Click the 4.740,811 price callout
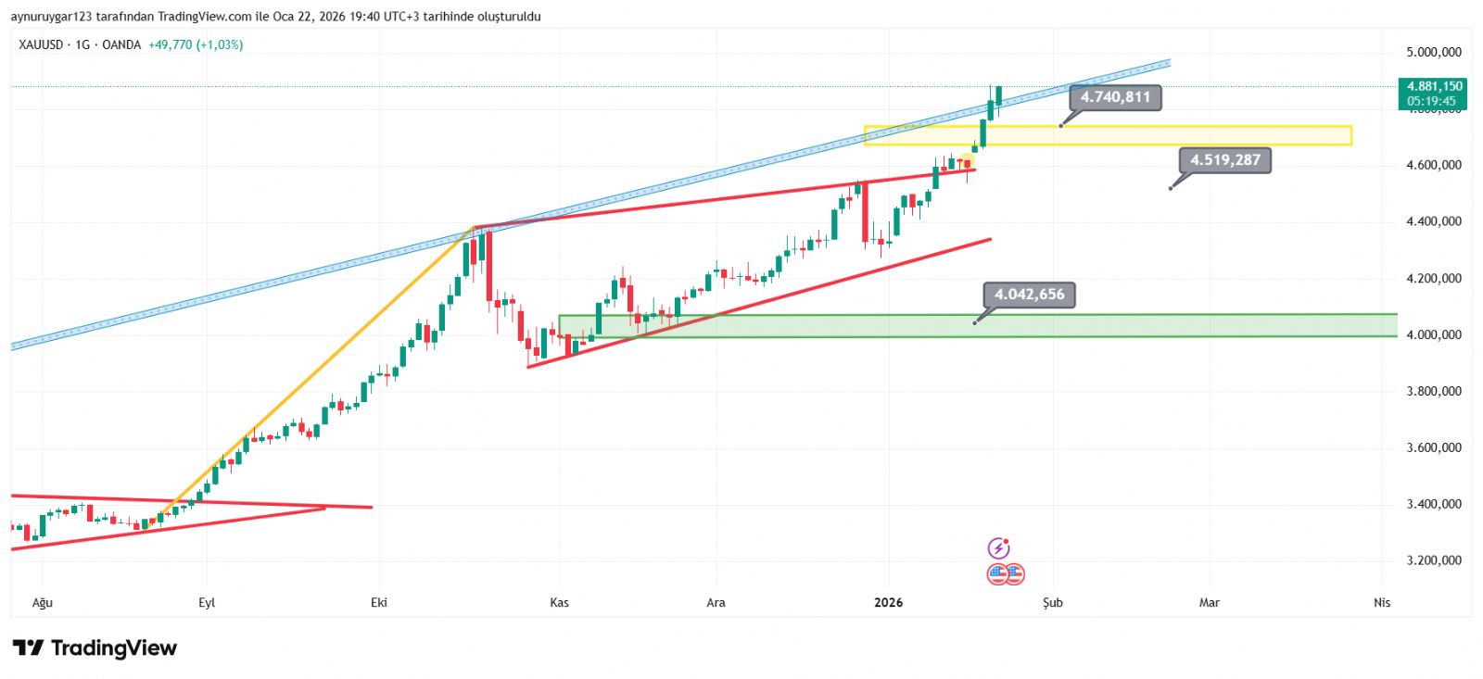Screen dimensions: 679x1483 (1115, 97)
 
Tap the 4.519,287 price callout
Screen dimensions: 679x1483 (1225, 160)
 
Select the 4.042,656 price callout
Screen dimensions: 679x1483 (1029, 295)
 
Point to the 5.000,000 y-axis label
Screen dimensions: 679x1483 (1433, 52)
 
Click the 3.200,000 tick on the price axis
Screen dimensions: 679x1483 (1433, 560)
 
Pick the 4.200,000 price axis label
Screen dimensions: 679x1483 (1433, 278)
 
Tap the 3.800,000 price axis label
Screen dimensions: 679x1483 (1433, 391)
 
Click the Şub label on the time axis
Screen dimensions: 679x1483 (1052, 603)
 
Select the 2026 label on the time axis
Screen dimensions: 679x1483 (888, 603)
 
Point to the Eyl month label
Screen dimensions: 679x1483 (207, 603)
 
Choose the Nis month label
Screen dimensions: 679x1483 (1382, 603)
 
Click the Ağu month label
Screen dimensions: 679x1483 (43, 603)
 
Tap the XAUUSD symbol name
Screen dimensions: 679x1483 (41, 44)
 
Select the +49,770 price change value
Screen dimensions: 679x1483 (170, 44)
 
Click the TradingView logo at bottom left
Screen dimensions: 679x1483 (95, 648)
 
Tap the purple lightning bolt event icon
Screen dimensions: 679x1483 (998, 548)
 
